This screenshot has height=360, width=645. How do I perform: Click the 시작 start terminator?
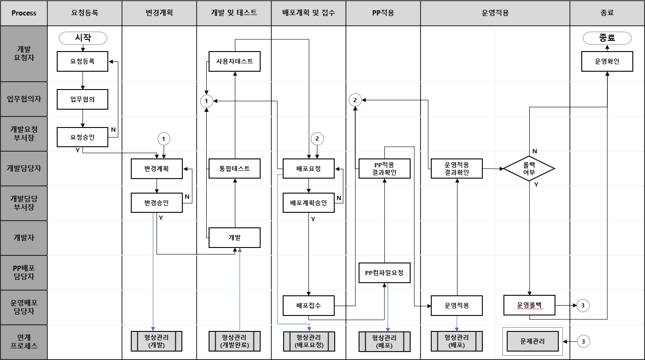click(x=82, y=38)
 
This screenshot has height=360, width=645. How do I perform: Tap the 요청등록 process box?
click(x=82, y=61)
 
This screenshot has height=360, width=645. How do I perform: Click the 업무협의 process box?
click(x=82, y=99)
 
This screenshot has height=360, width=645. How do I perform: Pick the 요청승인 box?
click(x=82, y=137)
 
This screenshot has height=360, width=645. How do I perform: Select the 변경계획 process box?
click(x=157, y=169)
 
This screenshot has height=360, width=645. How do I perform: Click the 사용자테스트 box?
click(x=234, y=61)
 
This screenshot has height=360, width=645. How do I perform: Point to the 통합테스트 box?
click(x=234, y=169)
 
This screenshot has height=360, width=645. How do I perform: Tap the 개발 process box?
click(x=234, y=238)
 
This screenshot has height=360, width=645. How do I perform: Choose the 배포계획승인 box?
click(x=308, y=203)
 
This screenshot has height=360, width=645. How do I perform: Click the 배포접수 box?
click(x=308, y=306)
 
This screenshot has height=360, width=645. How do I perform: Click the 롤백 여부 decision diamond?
click(x=529, y=168)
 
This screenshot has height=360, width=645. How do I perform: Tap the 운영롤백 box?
click(x=529, y=306)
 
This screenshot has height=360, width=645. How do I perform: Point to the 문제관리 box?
click(x=532, y=341)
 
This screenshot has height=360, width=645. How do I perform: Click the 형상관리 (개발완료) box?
click(x=234, y=341)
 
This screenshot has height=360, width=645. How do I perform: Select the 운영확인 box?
click(x=607, y=61)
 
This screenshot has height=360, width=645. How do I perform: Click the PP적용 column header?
click(x=383, y=13)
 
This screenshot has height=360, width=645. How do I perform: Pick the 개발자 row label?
click(x=24, y=238)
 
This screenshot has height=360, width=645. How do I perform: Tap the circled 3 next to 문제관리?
click(x=583, y=341)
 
